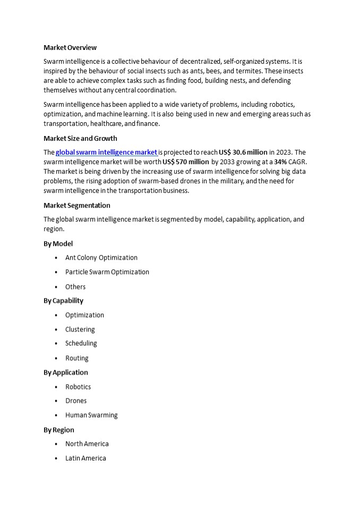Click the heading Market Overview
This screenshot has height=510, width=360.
(70, 48)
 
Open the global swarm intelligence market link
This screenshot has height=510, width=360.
(106, 152)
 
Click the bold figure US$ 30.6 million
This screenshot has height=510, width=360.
(243, 152)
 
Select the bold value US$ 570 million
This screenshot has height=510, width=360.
(186, 162)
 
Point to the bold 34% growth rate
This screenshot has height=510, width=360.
(280, 162)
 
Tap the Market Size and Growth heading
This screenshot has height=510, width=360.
(80, 139)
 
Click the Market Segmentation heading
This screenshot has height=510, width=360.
(77, 206)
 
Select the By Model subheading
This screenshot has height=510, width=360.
(58, 244)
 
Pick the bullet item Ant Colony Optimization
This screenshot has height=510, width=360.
(101, 258)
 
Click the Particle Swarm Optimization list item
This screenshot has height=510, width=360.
(107, 272)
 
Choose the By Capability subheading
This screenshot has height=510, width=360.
(63, 301)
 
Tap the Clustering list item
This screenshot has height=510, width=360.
(80, 329)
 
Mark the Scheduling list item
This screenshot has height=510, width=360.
(81, 344)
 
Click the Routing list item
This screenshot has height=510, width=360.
(77, 358)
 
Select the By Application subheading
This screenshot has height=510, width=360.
(66, 372)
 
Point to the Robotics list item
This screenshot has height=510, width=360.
(78, 387)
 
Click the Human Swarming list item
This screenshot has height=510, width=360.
(91, 415)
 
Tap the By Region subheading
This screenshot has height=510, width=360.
(59, 430)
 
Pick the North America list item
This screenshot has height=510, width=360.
(87, 444)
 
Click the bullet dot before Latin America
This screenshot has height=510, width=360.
(56, 458)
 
